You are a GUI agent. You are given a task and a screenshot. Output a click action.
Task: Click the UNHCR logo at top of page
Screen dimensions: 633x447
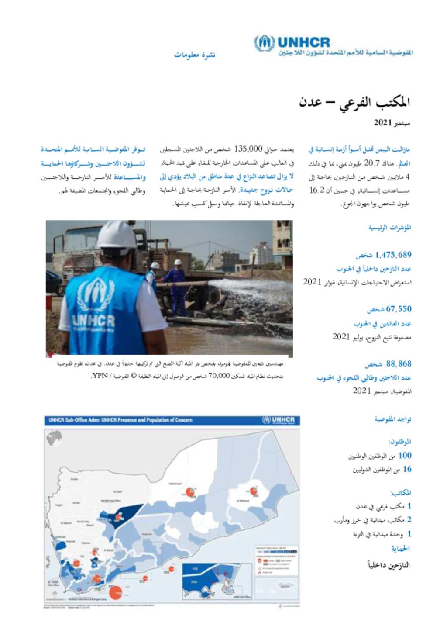[292, 43]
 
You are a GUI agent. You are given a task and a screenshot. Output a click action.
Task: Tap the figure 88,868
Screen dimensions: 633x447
[399, 363]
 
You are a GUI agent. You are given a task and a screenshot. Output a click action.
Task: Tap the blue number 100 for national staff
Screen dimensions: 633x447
[405, 455]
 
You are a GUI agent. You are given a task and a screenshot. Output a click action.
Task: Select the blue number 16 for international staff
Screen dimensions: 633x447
[407, 469]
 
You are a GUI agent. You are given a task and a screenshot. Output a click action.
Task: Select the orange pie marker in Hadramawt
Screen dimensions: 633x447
[190, 492]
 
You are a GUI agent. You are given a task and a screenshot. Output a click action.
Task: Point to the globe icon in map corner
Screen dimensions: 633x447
[54, 437]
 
